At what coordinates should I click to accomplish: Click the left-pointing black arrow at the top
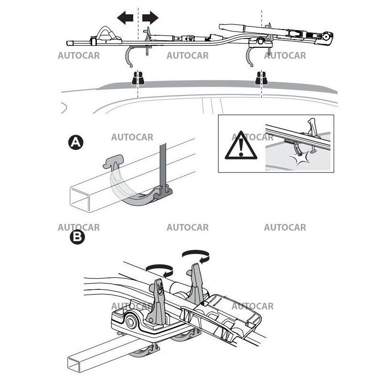coord(125,19)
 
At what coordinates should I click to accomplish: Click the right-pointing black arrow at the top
coord(150,19)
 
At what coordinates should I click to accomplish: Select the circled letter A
coord(76,142)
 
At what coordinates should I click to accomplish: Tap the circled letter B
coord(76,237)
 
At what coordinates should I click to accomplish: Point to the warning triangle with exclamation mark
coord(241,146)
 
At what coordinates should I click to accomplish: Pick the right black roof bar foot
coord(261,78)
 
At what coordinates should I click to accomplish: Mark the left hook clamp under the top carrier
coord(130,56)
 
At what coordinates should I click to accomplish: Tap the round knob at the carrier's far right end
coord(327,36)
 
